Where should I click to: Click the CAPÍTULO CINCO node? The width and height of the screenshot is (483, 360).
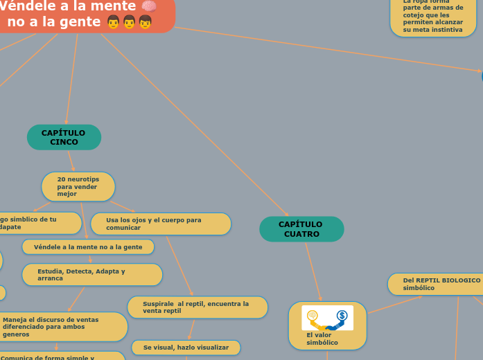pyautogui.click(x=64, y=137)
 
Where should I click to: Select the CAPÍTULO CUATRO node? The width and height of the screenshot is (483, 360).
pyautogui.click(x=301, y=229)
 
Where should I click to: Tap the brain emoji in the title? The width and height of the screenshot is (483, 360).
pyautogui.click(x=148, y=7)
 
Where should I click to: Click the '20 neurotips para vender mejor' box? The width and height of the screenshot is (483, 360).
pyautogui.click(x=78, y=186)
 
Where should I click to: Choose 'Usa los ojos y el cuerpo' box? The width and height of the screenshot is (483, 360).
pyautogui.click(x=161, y=224)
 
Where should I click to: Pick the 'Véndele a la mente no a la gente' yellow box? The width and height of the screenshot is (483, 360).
pyautogui.click(x=88, y=246)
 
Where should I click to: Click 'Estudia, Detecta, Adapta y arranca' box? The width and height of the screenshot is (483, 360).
pyautogui.click(x=92, y=275)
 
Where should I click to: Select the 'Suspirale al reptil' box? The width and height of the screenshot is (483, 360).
pyautogui.click(x=197, y=307)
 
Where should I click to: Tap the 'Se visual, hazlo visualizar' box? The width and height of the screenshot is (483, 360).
pyautogui.click(x=186, y=347)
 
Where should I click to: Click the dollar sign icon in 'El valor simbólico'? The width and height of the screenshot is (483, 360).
pyautogui.click(x=342, y=316)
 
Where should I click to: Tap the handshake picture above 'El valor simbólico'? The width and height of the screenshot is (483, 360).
pyautogui.click(x=327, y=318)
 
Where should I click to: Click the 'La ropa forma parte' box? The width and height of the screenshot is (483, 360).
pyautogui.click(x=433, y=17)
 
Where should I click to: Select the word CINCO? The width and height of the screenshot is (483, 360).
pyautogui.click(x=64, y=142)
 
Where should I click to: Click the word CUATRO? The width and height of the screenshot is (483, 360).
pyautogui.click(x=301, y=234)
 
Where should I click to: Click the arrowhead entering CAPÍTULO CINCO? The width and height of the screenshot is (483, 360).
pyautogui.click(x=67, y=122)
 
